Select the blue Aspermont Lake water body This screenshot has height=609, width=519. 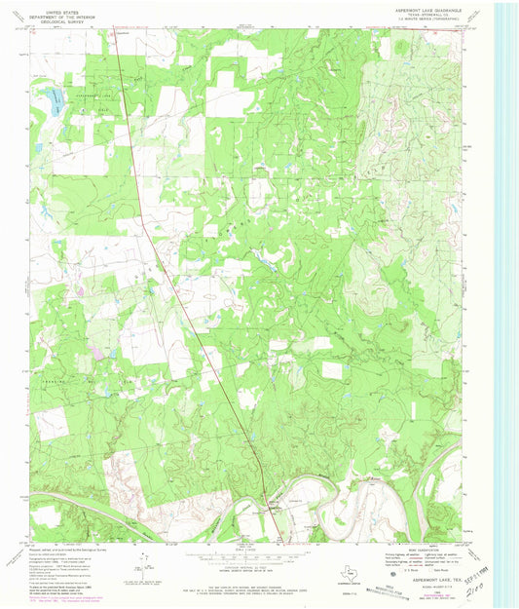pyautogui.click(x=54, y=96)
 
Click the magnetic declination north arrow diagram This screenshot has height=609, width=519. pyautogui.click(x=143, y=559)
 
